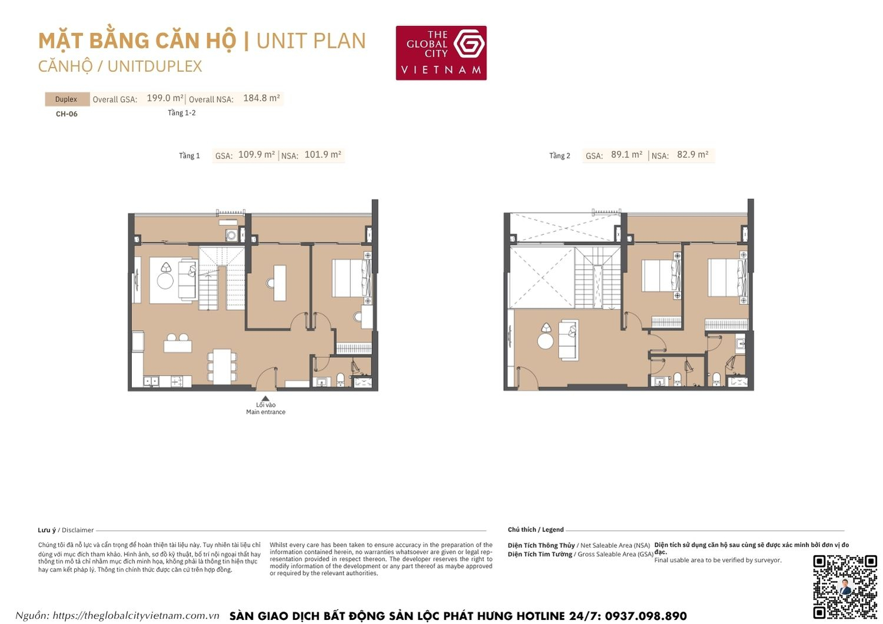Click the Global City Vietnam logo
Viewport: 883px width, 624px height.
441,52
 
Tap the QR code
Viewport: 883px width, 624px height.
845,586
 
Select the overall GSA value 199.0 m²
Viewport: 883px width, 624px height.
165,98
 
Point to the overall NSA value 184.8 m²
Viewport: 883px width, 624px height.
261,98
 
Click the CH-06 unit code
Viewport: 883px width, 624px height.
67,114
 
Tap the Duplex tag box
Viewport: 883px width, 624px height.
67,99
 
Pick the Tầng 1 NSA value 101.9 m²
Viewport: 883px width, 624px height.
323,155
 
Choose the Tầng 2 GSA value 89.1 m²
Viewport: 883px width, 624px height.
626,155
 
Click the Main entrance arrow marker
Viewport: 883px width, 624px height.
265,398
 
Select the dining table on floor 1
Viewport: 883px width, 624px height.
222,366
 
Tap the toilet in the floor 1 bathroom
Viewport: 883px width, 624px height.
340,379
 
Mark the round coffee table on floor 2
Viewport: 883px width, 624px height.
545,341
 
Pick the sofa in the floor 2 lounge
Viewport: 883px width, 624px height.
569,340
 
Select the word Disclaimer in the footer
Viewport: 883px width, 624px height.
78,530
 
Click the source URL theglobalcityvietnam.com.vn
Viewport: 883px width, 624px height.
135,616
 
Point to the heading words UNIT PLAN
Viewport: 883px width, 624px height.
311,41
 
